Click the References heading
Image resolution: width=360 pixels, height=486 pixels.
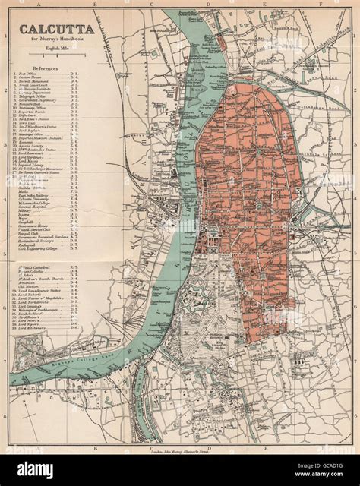point(47,67)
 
